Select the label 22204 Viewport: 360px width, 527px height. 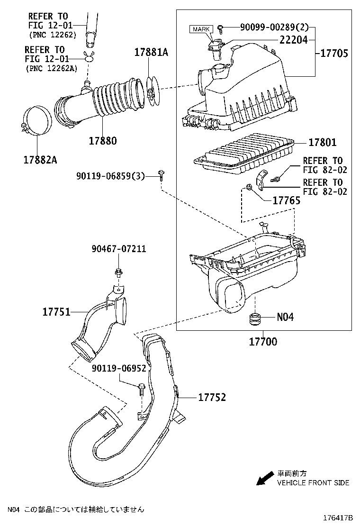pyautogui.click(x=293, y=41)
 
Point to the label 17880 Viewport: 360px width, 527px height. pyautogui.click(x=102, y=141)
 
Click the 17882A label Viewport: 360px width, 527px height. pyautogui.click(x=40, y=160)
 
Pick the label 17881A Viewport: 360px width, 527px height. pyautogui.click(x=151, y=53)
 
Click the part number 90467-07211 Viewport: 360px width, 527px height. pyautogui.click(x=119, y=249)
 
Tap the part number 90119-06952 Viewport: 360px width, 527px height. pyautogui.click(x=119, y=367)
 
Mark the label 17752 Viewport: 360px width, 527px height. pyautogui.click(x=212, y=397)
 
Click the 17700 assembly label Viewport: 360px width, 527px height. pyautogui.click(x=263, y=341)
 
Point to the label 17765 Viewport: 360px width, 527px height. pyautogui.click(x=286, y=200)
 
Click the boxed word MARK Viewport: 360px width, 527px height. pyautogui.click(x=203, y=29)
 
